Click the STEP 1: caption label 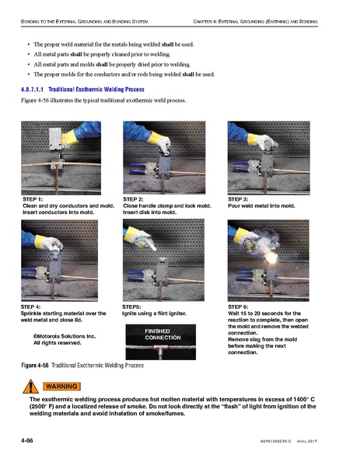point(33,200)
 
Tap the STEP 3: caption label point(238,200)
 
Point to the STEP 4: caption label point(33,307)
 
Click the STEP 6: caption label point(238,307)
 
